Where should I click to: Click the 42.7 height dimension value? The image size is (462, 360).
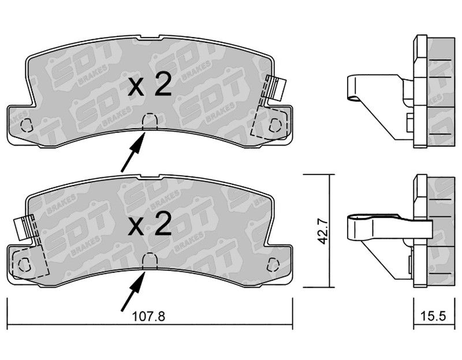323,232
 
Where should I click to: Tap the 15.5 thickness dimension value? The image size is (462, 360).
433,316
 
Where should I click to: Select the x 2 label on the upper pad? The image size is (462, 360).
150,84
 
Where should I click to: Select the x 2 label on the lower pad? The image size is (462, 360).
150,224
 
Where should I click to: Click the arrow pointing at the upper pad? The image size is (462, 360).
133,152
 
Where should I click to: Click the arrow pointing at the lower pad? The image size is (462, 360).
133,292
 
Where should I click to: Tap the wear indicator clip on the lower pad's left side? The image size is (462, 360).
24,228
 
